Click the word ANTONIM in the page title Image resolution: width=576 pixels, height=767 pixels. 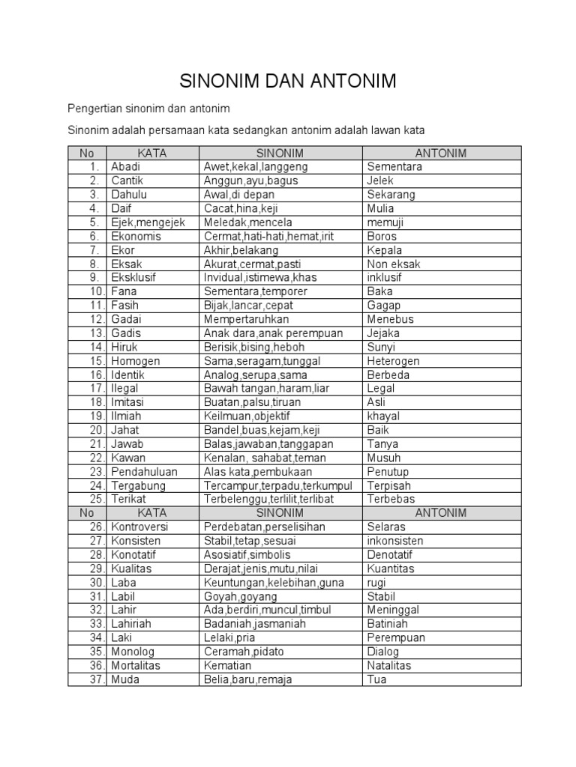[343, 81]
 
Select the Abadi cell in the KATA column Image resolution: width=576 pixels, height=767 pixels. [125, 167]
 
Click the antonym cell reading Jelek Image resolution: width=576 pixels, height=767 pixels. [380, 181]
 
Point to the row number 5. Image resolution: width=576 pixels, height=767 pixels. [94, 222]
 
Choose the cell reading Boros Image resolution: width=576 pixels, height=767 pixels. [382, 236]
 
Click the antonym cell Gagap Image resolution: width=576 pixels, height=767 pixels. [384, 306]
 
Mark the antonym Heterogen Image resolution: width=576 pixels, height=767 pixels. [393, 361]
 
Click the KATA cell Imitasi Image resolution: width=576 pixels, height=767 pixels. [127, 402]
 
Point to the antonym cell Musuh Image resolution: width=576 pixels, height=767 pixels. [384, 458]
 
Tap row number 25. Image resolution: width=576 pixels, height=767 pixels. [95, 499]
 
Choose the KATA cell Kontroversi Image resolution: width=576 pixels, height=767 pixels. [139, 527]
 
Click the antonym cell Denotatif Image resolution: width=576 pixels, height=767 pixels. [390, 554]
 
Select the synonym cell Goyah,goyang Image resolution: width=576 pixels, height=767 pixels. [240, 596]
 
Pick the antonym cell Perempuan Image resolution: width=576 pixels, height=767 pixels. [396, 637]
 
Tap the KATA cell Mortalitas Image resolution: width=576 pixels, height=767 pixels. [136, 665]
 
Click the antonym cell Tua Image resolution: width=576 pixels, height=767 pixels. [376, 679]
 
